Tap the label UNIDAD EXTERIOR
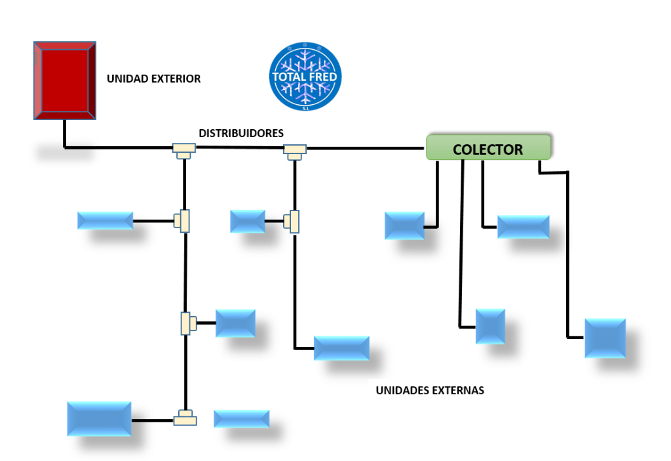point(153,79)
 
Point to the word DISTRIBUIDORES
point(241,133)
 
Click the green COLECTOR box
point(488,148)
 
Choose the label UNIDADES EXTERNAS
point(430,390)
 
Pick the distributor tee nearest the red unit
point(184,150)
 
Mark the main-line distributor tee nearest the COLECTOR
point(296,151)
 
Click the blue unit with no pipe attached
point(242,418)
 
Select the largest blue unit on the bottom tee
point(99,418)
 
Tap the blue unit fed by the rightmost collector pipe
point(605,338)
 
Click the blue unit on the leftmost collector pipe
point(404,225)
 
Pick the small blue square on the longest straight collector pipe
point(490,326)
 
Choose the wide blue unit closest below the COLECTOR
point(523,226)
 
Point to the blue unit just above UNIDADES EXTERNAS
point(341,348)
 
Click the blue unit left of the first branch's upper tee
point(105,220)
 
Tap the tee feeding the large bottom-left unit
point(185,418)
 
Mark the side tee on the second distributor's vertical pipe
point(292,221)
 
